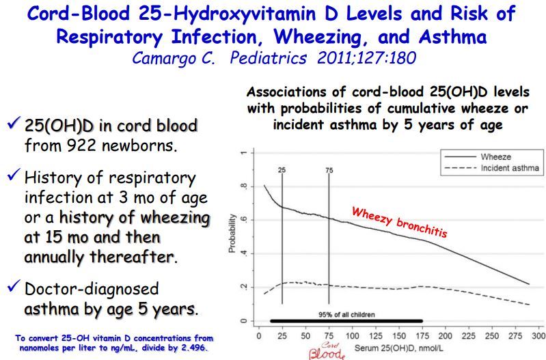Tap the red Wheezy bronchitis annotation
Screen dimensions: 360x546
399,222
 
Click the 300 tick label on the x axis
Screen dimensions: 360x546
538,337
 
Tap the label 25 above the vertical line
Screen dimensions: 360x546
281,169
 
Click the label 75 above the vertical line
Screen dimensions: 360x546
329,169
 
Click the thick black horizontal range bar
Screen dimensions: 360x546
346,320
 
